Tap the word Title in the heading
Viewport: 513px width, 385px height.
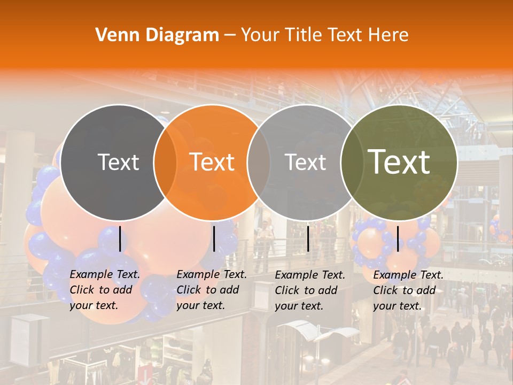tap(304, 35)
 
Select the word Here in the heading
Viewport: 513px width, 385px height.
tap(388, 35)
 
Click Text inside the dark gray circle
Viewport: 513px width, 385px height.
tap(118, 162)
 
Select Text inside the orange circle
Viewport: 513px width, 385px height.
tap(212, 162)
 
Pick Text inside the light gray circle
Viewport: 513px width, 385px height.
tap(305, 162)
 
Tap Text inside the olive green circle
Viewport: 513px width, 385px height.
tap(399, 162)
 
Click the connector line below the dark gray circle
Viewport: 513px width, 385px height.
tap(120, 238)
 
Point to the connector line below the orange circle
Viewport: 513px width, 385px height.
tap(214, 238)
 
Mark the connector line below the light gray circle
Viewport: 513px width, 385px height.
tap(308, 238)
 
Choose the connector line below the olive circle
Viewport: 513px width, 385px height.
tap(398, 238)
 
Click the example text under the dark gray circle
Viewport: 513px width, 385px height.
tap(104, 290)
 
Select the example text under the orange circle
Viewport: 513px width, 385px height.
tap(211, 290)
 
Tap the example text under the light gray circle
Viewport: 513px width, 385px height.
tap(309, 290)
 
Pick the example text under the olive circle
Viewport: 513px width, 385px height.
tap(408, 290)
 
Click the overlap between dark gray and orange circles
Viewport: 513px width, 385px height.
tap(165, 162)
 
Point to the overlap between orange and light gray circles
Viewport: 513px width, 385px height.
tap(259, 162)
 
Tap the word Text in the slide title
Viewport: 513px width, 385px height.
tap(346, 35)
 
